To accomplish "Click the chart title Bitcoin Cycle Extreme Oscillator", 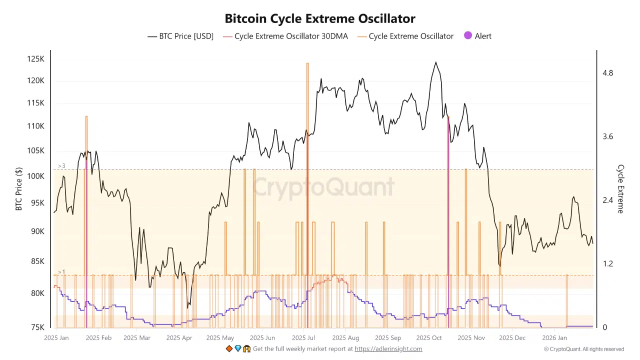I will (320, 19).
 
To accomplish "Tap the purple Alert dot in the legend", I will (468, 36).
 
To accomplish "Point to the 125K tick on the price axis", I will (36, 59).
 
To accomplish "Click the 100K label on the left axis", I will (36, 176).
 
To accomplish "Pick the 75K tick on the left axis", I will (37, 327).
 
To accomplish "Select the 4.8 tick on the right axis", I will (607, 73).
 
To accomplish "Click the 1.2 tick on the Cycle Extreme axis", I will (607, 263).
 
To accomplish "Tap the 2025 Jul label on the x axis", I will (303, 338).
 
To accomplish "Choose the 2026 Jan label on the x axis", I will (554, 338).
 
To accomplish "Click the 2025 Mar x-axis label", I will (137, 338).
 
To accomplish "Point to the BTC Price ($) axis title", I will (19, 188).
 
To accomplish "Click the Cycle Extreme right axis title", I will (620, 188).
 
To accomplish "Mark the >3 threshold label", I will (61, 166).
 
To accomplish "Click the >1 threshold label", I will (61, 272).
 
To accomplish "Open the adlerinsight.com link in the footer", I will (388, 349).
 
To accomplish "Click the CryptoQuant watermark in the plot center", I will (323, 188).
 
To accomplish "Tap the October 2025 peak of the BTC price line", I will (436, 62).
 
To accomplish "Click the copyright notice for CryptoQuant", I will (584, 349).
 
